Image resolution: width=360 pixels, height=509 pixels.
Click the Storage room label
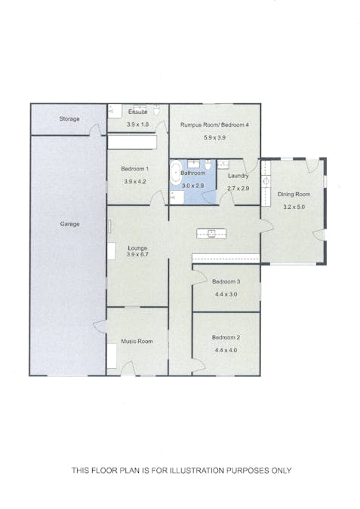tap(69, 119)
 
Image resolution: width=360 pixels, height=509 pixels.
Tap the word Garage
tap(69, 224)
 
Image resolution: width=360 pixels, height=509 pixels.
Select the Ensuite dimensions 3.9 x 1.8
tap(137, 124)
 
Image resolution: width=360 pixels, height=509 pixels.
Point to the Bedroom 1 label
tap(137, 169)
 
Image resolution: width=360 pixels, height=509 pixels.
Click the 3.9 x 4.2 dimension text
tap(137, 182)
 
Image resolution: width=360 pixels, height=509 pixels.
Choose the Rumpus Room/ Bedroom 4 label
tap(214, 125)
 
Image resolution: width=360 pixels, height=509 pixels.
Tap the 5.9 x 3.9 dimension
tap(214, 138)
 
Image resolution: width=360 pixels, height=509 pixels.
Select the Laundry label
tap(238, 175)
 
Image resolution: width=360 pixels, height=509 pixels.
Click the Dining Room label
tap(294, 194)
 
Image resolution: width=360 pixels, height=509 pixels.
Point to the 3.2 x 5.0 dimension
tap(294, 207)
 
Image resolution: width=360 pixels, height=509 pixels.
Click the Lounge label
tap(137, 248)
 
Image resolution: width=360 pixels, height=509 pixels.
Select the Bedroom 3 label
tap(226, 282)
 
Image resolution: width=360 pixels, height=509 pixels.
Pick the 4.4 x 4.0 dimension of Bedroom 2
tap(226, 351)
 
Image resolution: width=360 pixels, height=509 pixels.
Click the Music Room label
tap(137, 342)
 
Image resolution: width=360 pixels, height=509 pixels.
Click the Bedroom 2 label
tap(226, 338)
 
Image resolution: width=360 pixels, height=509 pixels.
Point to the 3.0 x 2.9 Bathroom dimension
tap(193, 185)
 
